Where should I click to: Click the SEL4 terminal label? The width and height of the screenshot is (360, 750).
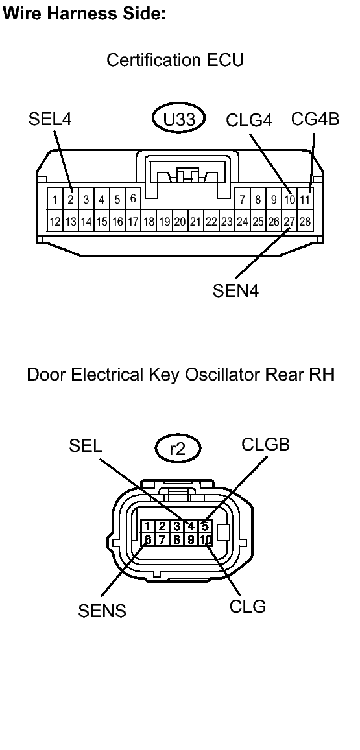[x=50, y=119]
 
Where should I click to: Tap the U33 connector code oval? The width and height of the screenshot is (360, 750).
[x=179, y=119]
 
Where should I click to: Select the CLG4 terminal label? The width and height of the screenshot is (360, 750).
[x=249, y=121]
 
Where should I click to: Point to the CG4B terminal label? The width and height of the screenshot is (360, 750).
[x=315, y=119]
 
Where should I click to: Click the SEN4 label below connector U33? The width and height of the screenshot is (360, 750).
[x=235, y=290]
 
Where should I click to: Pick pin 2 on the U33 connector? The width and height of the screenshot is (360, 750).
[x=70, y=199]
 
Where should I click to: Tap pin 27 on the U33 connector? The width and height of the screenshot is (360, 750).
[x=290, y=222]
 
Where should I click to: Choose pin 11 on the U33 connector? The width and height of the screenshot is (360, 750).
[x=305, y=199]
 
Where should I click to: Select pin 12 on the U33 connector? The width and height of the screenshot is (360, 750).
[x=55, y=222]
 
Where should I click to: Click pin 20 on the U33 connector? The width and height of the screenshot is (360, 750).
[x=180, y=222]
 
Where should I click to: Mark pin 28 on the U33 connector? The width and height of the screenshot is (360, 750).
[x=305, y=222]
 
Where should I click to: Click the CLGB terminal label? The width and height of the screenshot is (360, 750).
[x=266, y=445]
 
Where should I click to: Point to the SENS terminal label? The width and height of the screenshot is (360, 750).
[x=102, y=611]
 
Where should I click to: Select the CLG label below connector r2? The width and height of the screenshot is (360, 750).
[x=248, y=607]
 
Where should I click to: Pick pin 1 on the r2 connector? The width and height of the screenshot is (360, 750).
[x=148, y=526]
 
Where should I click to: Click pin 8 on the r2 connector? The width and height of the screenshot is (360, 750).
[x=176, y=540]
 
